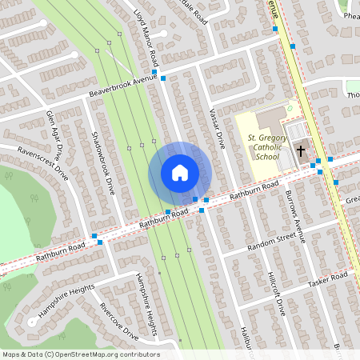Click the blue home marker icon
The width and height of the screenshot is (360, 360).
[x=179, y=173]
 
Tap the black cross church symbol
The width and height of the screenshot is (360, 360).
[x=302, y=150]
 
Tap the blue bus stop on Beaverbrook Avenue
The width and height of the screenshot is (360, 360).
[x=163, y=78]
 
